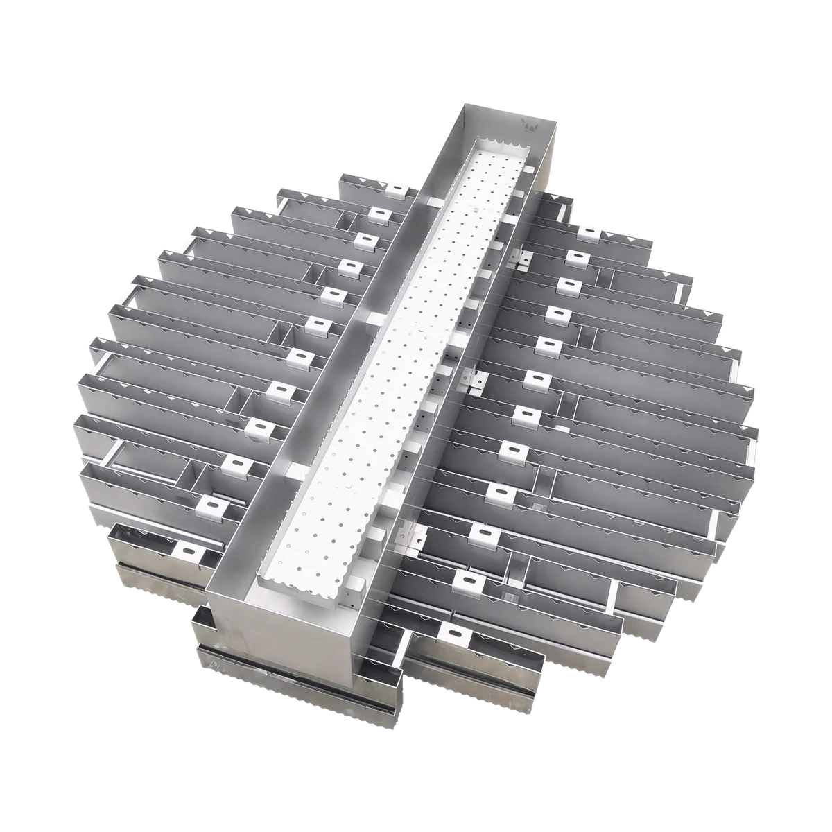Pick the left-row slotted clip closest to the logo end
click(397, 189)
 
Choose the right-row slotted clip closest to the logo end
click(589, 233)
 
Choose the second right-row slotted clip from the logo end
click(577, 257)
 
